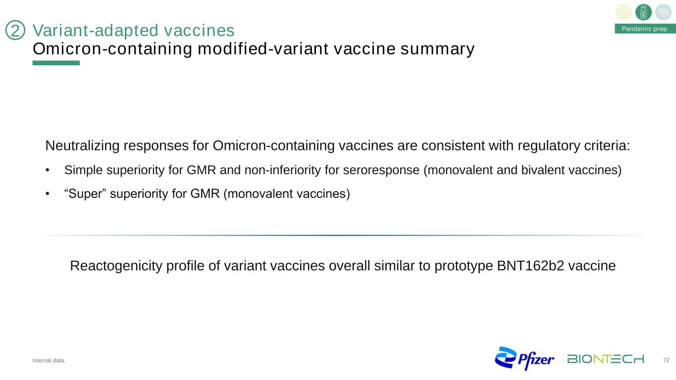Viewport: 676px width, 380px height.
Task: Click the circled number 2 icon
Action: click(15, 30)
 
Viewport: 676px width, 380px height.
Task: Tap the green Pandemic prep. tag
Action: click(645, 29)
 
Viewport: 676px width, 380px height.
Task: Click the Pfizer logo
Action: click(524, 358)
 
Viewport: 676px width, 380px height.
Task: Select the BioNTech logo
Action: click(606, 359)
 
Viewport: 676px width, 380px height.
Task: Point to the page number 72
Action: click(667, 360)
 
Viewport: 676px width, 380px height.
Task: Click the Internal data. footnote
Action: click(49, 360)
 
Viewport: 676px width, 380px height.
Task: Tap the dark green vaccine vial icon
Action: click(643, 12)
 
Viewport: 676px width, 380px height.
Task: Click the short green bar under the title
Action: click(56, 63)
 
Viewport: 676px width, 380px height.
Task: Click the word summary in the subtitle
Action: click(437, 49)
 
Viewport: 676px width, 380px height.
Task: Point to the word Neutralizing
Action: click(82, 145)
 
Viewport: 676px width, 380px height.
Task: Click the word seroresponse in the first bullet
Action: click(381, 170)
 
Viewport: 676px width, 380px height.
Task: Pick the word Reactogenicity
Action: click(116, 266)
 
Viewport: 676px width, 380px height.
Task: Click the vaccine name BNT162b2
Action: click(530, 266)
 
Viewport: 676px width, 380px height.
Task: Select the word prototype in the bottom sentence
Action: click(464, 266)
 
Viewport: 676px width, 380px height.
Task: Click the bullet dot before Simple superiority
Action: click(48, 170)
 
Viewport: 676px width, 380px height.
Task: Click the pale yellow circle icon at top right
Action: click(624, 12)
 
